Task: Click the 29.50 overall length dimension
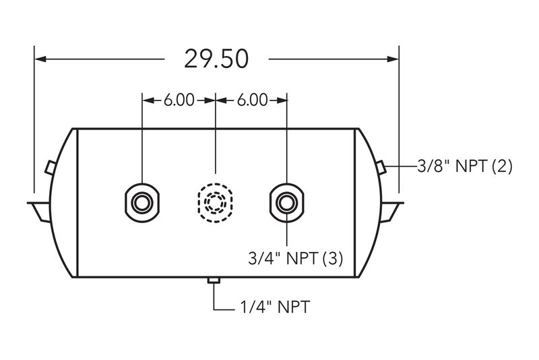point(216,59)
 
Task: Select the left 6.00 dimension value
point(179,100)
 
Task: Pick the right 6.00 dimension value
point(252,100)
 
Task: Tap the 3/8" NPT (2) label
point(465,167)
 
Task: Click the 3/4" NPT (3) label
point(296,258)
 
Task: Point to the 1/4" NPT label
point(275,307)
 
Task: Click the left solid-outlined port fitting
point(142,203)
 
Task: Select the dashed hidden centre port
point(216,203)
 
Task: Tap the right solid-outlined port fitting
point(287,203)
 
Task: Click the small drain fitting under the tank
point(214,280)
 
